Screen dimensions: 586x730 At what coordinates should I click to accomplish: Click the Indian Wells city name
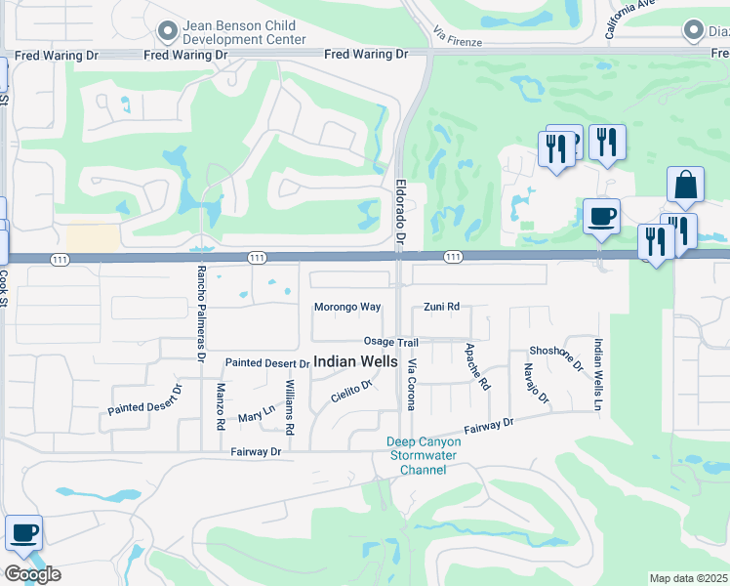[355, 361]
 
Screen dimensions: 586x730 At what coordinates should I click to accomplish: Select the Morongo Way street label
[346, 307]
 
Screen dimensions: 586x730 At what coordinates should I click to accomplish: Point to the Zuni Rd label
[441, 307]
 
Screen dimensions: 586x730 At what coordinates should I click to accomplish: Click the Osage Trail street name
[390, 342]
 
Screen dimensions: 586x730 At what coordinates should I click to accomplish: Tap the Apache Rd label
[477, 366]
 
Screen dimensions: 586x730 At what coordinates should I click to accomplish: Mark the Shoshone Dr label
[555, 357]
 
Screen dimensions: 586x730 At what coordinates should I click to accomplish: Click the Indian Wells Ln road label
[597, 374]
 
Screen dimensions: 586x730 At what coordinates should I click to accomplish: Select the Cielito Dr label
[351, 392]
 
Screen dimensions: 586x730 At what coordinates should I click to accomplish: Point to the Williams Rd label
[289, 407]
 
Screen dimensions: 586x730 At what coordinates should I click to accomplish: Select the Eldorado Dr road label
[400, 211]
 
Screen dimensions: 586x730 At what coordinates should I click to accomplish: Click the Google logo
[32, 574]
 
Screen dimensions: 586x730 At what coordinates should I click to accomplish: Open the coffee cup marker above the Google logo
[24, 533]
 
